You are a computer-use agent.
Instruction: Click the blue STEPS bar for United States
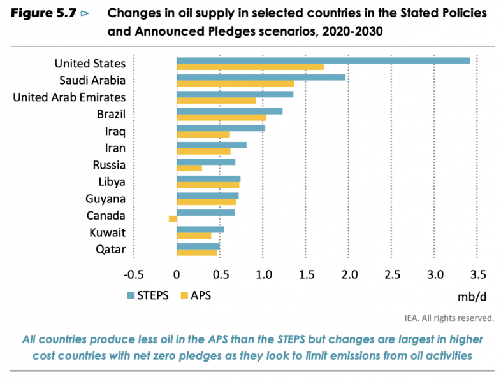[323, 60]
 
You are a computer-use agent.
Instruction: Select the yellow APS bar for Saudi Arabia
[235, 83]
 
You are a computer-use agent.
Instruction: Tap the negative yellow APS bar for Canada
[172, 218]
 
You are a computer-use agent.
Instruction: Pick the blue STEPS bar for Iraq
[221, 128]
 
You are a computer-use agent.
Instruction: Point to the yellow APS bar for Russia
[189, 168]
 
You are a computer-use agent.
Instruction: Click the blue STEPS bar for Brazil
[229, 111]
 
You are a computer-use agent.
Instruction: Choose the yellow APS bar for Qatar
[196, 252]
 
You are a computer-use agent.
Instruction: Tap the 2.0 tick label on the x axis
[348, 274]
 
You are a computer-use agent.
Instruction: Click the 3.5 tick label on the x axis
[477, 274]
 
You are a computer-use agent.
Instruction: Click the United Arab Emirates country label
[69, 97]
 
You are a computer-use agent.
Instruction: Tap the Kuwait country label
[108, 232]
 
